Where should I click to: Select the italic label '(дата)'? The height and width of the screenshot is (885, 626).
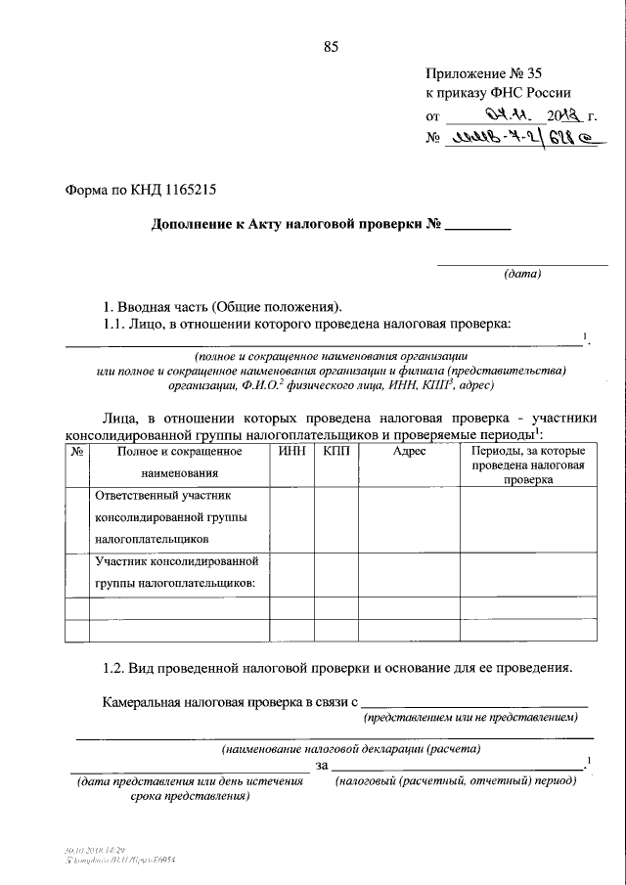521,275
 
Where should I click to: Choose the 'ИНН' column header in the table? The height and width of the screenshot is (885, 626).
291,451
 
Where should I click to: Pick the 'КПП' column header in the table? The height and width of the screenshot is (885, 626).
335,451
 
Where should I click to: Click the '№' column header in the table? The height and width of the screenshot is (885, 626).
76,451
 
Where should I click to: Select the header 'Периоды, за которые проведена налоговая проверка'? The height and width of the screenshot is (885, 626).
527,465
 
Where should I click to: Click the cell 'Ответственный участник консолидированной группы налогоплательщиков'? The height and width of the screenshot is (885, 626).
169,517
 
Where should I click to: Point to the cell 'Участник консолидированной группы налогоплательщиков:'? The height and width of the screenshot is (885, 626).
176,572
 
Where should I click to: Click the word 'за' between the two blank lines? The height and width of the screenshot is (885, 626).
322,766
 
